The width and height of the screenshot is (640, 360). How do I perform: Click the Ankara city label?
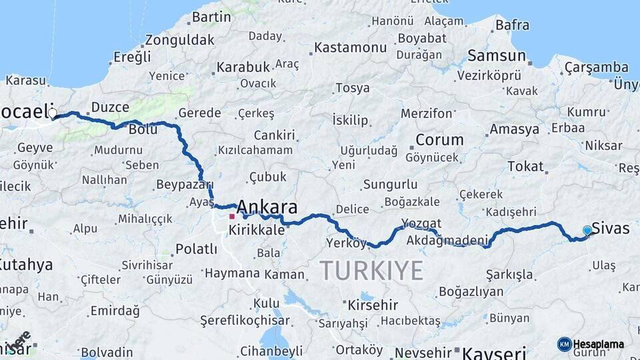[267, 206]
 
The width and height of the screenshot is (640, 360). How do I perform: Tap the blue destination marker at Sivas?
[587, 230]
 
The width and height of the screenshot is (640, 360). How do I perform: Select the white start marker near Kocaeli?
[52, 113]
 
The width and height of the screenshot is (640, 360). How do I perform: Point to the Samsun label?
[495, 55]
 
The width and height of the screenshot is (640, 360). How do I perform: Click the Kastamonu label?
[350, 47]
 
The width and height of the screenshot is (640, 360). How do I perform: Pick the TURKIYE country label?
[371, 271]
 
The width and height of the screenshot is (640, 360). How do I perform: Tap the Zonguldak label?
[179, 39]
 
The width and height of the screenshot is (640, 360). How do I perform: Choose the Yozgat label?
[421, 223]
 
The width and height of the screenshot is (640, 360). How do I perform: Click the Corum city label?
[439, 140]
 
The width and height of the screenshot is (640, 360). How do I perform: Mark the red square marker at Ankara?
[232, 217]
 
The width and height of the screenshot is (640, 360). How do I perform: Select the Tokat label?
[525, 166]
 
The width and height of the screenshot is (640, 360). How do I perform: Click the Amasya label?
[514, 129]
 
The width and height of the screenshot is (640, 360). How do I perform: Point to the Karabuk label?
[243, 67]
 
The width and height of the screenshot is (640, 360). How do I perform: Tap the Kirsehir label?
[372, 305]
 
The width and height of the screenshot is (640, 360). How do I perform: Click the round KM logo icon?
[565, 344]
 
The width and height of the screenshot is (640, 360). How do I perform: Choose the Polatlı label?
[196, 249]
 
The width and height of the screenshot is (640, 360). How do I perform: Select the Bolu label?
[143, 129]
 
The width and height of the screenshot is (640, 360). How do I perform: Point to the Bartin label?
[211, 17]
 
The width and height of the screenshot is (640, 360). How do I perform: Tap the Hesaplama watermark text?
[598, 344]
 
